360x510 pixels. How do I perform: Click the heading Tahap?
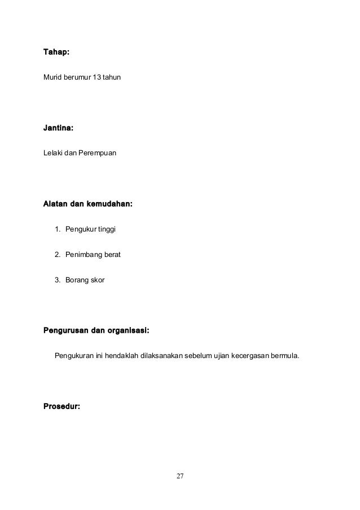pos(56,53)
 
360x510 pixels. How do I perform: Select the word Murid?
pos(52,76)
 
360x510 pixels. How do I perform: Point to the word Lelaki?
pos(53,152)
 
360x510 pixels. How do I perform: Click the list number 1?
pos(57,229)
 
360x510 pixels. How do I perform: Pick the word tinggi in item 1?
pos(106,229)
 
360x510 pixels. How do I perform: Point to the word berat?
pos(111,255)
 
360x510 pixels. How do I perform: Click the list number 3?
pos(57,280)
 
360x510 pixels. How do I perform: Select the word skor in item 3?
pos(97,280)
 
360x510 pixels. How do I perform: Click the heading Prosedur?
pos(62,406)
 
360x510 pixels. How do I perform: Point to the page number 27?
pos(180,477)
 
